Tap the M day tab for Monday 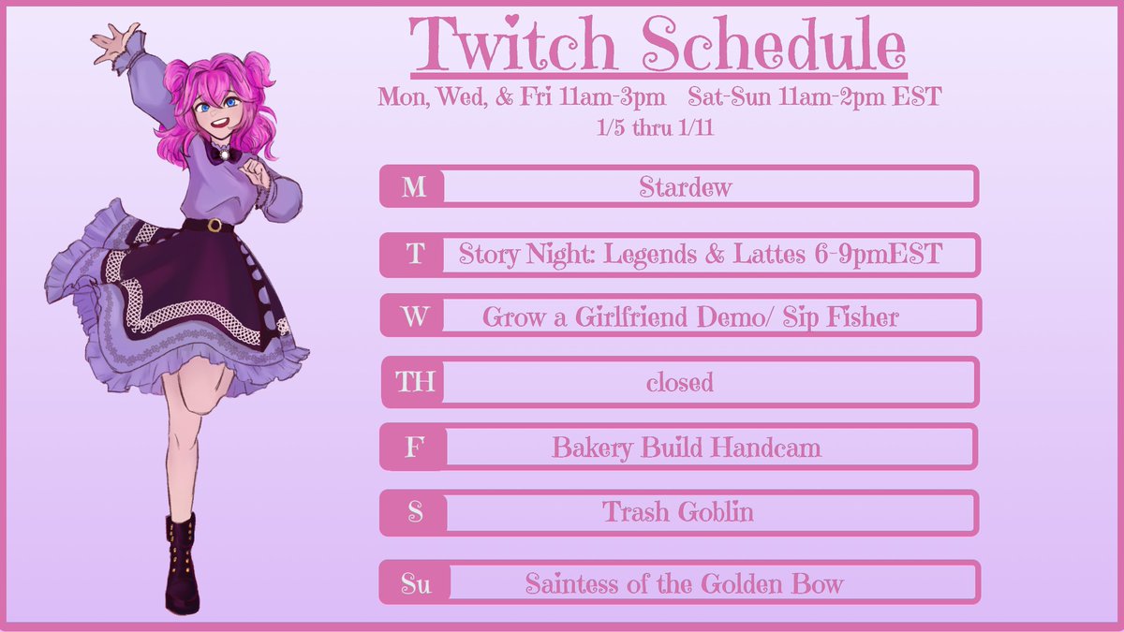click(413, 187)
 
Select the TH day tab click(413, 382)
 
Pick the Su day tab click(416, 584)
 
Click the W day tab click(413, 316)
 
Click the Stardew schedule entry click(685, 187)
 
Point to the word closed click(679, 382)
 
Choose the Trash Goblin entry click(677, 512)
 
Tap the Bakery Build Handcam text click(686, 448)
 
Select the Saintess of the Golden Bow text click(684, 584)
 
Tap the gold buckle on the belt click(215, 226)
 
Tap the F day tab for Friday click(413, 448)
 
